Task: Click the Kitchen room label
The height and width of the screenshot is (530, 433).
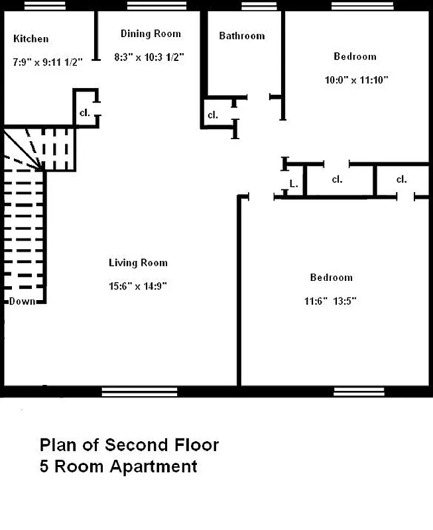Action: pyautogui.click(x=31, y=39)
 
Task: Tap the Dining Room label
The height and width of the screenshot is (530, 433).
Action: pyautogui.click(x=151, y=34)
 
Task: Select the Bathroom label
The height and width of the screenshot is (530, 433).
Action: pyautogui.click(x=241, y=36)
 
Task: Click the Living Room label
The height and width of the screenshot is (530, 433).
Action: pyautogui.click(x=138, y=263)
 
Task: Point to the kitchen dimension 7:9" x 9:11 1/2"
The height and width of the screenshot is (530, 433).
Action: pyautogui.click(x=47, y=62)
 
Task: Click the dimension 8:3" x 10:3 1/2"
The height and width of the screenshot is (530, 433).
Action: pyautogui.click(x=150, y=57)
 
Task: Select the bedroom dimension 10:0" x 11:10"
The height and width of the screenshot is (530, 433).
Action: pyautogui.click(x=356, y=79)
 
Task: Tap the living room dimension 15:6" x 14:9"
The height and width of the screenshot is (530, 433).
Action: pyautogui.click(x=137, y=286)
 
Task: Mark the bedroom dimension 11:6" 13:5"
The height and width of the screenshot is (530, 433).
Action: pyautogui.click(x=330, y=300)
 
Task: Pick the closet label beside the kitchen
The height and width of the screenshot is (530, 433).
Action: pyautogui.click(x=85, y=113)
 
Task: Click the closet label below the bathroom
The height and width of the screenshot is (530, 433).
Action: pyautogui.click(x=213, y=115)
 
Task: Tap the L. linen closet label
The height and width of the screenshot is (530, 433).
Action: pyautogui.click(x=292, y=184)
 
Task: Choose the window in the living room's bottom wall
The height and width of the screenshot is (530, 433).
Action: pyautogui.click(x=135, y=392)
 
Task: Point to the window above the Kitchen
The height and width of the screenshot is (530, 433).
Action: pyautogui.click(x=45, y=6)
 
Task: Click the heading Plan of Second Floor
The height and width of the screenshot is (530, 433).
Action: pyautogui.click(x=129, y=444)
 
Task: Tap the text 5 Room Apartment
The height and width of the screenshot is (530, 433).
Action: pyautogui.click(x=118, y=466)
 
